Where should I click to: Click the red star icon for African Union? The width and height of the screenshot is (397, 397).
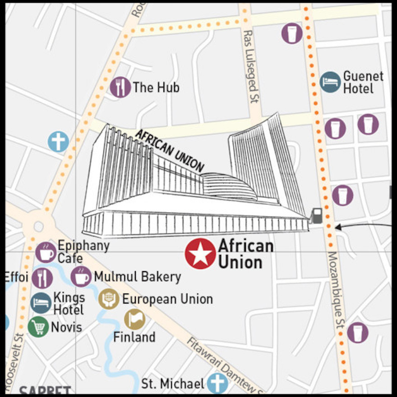point(200,254)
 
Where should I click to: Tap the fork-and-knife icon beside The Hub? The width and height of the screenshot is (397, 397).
point(120,87)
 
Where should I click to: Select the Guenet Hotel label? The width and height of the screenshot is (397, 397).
point(363,82)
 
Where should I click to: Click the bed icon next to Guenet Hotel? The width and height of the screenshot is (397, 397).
point(330,82)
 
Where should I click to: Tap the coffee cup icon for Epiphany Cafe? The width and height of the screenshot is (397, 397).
point(46,252)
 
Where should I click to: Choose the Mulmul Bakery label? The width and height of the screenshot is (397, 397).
point(137,277)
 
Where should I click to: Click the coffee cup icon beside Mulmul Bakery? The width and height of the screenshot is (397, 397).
point(81,277)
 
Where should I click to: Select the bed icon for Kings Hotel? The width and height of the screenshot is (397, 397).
point(41,303)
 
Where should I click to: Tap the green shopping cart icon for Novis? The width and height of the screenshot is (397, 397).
point(38,327)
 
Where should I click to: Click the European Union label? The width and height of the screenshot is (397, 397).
point(167,299)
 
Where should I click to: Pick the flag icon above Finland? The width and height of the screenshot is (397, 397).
point(134,319)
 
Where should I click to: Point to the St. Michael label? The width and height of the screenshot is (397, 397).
point(173,383)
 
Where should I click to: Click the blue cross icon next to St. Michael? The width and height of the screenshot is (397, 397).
point(217,383)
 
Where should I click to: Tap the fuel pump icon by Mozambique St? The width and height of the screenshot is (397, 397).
point(317,215)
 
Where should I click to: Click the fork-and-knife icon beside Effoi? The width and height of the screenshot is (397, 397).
point(42,278)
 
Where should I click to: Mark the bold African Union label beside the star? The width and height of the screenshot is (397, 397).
point(245,254)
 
